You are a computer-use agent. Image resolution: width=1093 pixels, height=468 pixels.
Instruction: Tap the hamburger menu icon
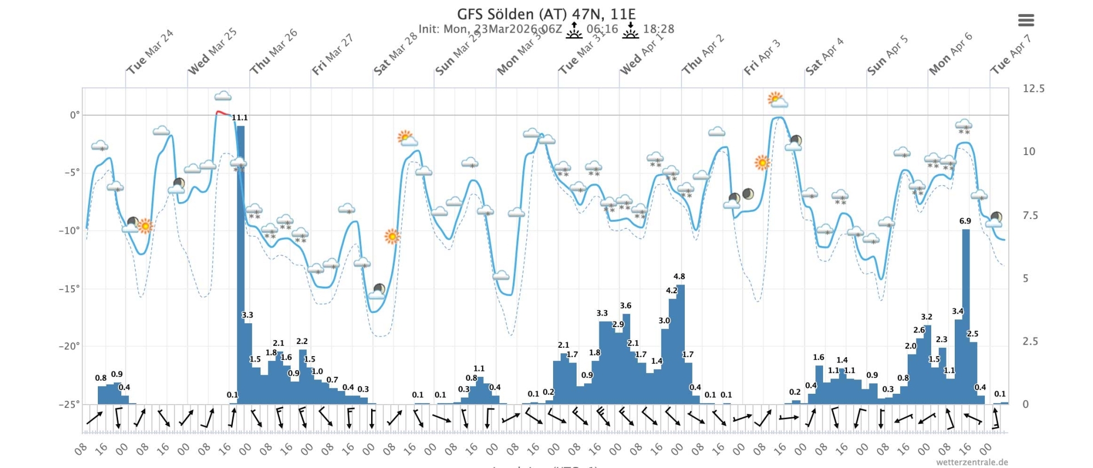(x=1026, y=21)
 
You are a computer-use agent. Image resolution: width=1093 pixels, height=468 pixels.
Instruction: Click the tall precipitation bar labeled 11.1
(x=240, y=262)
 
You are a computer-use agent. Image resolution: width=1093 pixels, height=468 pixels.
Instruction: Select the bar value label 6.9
(x=965, y=221)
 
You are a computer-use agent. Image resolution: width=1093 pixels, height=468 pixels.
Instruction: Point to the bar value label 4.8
(x=679, y=276)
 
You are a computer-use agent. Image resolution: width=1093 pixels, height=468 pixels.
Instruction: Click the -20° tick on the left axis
(x=69, y=346)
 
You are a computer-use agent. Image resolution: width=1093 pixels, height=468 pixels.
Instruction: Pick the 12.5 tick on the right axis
(x=1033, y=88)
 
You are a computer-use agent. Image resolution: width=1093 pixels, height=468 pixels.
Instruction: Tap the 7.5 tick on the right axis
(x=1030, y=215)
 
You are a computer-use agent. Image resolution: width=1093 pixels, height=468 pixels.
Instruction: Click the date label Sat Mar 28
(x=395, y=54)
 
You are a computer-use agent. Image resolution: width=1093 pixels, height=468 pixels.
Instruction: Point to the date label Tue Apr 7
(x=1010, y=54)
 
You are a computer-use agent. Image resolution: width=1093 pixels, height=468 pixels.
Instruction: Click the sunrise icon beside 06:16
(x=574, y=30)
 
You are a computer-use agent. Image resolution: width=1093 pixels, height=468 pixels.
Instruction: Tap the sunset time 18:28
(x=659, y=29)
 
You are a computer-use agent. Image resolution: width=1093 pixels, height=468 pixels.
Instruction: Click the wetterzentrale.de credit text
(x=972, y=462)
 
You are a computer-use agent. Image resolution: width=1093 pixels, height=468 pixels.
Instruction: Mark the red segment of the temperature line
(x=222, y=113)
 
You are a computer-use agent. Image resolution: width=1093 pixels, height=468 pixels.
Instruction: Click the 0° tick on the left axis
(x=74, y=115)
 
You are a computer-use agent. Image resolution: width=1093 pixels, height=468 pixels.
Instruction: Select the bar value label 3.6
(x=626, y=305)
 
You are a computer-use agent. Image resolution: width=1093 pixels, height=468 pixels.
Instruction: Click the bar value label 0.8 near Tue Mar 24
(x=101, y=378)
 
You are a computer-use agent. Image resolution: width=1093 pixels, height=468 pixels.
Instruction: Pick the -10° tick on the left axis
(x=69, y=230)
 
